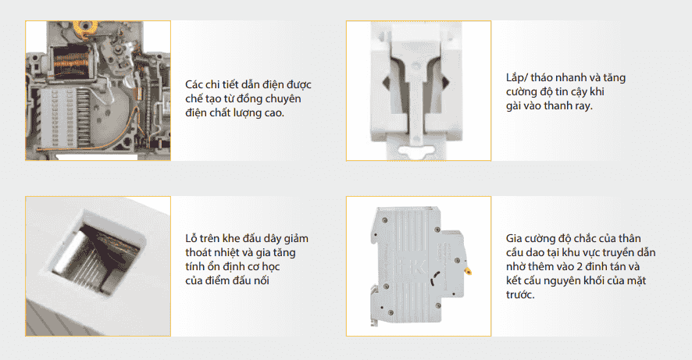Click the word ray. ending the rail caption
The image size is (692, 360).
(x=583, y=106)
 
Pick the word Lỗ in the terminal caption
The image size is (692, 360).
(x=191, y=238)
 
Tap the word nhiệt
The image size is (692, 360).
(x=230, y=253)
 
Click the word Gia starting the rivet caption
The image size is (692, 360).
(x=514, y=239)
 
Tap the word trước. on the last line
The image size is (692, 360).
(x=520, y=294)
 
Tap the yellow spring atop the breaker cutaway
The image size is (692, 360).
(x=88, y=27)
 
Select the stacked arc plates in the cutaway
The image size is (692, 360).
(x=66, y=117)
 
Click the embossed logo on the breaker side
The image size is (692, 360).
(x=413, y=266)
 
